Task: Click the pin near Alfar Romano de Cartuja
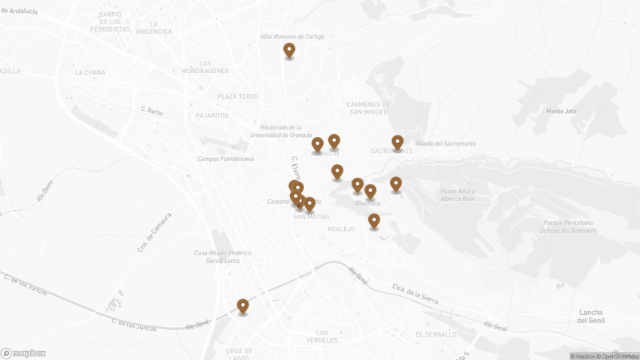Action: click(289, 50)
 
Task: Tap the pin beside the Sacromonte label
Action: click(398, 142)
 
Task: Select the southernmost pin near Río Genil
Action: click(242, 306)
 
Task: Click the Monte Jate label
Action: click(561, 111)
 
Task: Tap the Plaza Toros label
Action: click(238, 96)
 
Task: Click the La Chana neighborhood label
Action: click(90, 72)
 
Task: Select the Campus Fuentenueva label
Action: click(225, 159)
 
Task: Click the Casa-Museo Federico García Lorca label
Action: click(223, 258)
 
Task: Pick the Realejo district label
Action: click(341, 229)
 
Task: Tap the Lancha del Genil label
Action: click(592, 316)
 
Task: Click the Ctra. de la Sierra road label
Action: click(415, 294)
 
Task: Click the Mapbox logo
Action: click(23, 352)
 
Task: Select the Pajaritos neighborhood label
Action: click(212, 115)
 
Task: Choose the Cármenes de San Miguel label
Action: click(368, 108)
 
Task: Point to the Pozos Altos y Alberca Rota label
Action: click(458, 194)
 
